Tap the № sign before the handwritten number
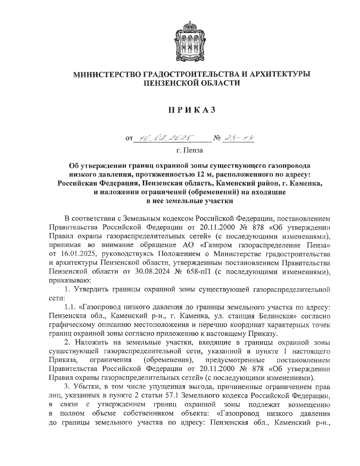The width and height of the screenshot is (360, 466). pos(217,139)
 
